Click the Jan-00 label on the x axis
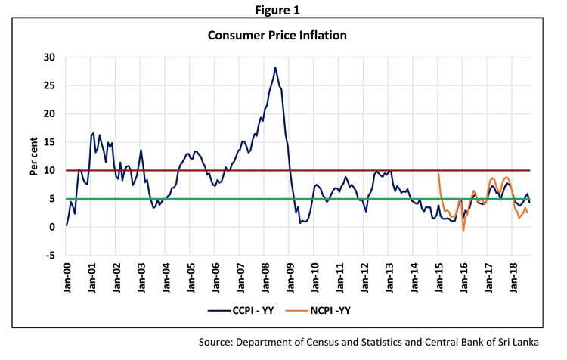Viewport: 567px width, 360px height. tap(67, 280)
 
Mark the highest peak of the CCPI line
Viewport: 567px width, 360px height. tap(275, 67)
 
